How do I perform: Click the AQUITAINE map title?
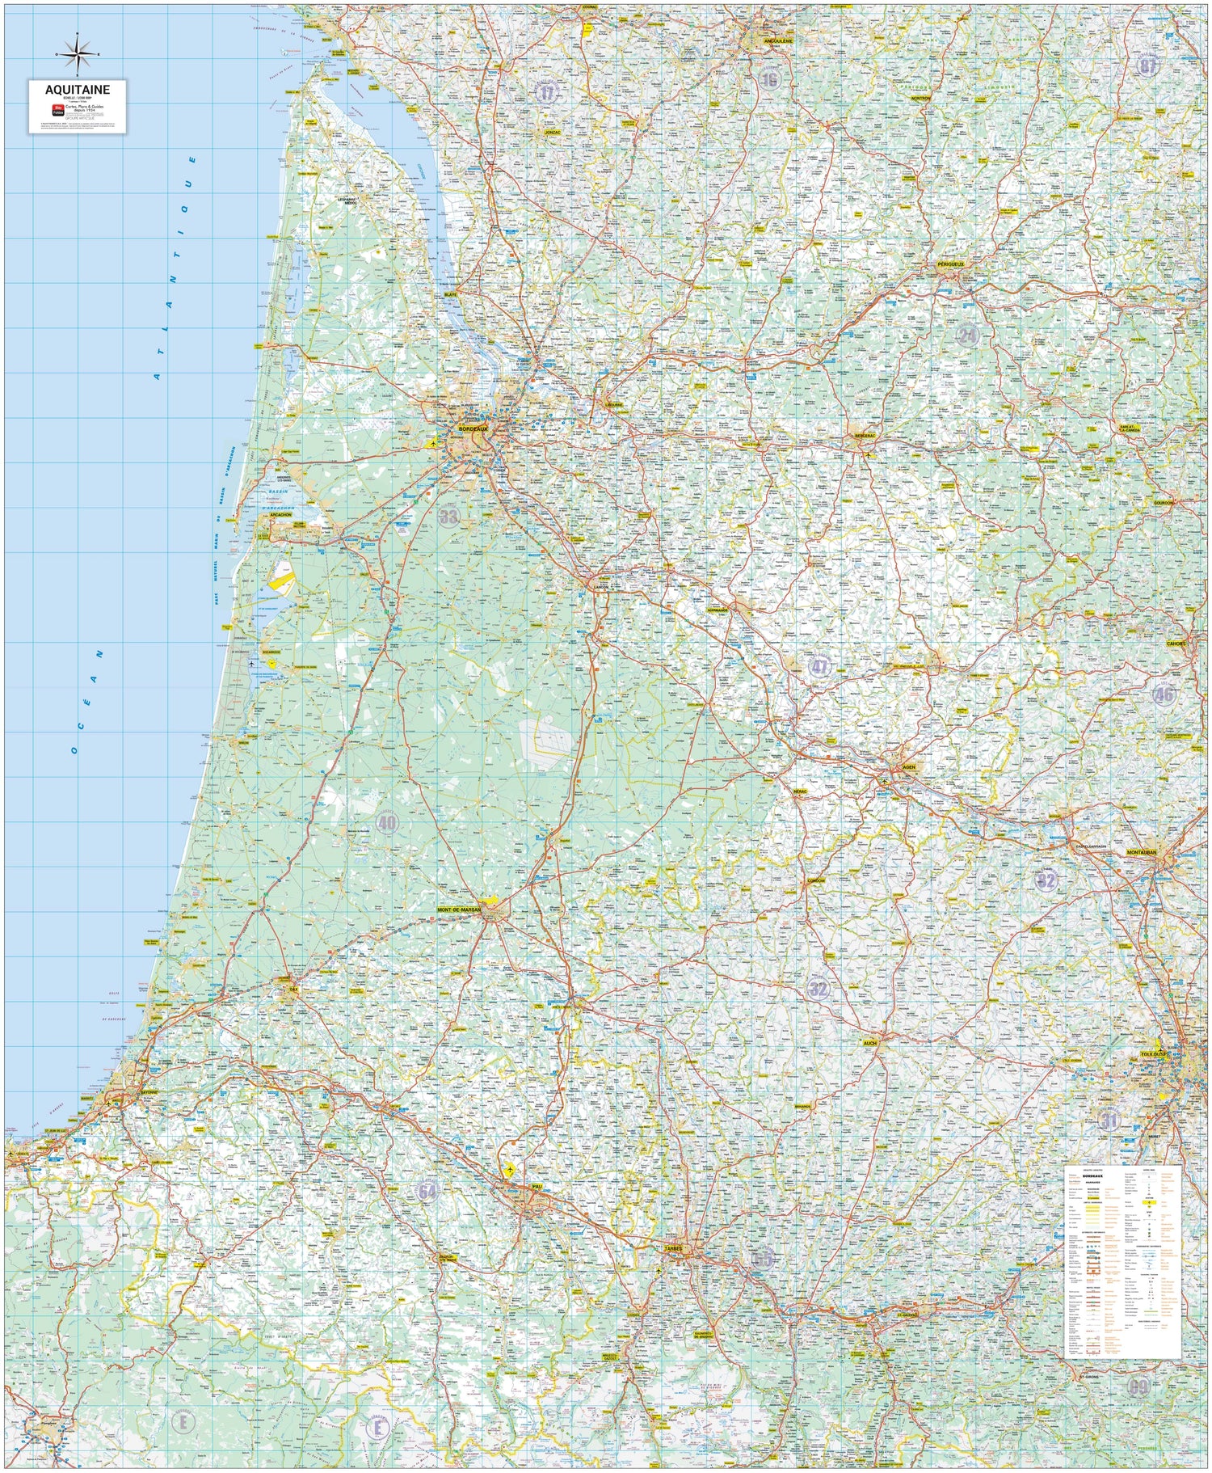(78, 90)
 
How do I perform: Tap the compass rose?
(78, 54)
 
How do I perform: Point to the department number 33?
(448, 516)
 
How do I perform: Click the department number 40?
(387, 823)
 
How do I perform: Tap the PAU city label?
(537, 1188)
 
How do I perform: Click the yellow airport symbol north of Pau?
(510, 1170)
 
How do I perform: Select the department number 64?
(427, 1191)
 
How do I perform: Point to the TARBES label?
(673, 1249)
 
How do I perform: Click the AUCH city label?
(869, 1043)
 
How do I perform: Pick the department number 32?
(818, 988)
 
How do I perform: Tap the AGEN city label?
(910, 767)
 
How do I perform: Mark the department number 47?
(819, 667)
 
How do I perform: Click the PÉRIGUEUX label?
(951, 264)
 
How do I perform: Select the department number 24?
(966, 335)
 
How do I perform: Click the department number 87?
(1147, 66)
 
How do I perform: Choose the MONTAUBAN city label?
(1142, 852)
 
